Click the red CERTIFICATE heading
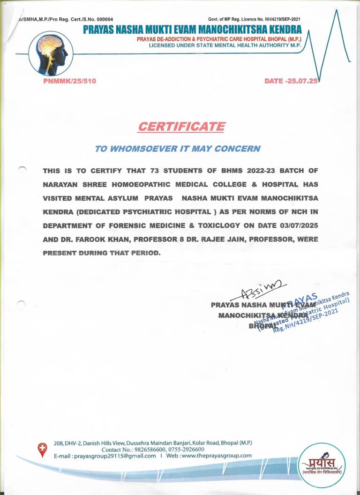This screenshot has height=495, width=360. pos(181,127)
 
